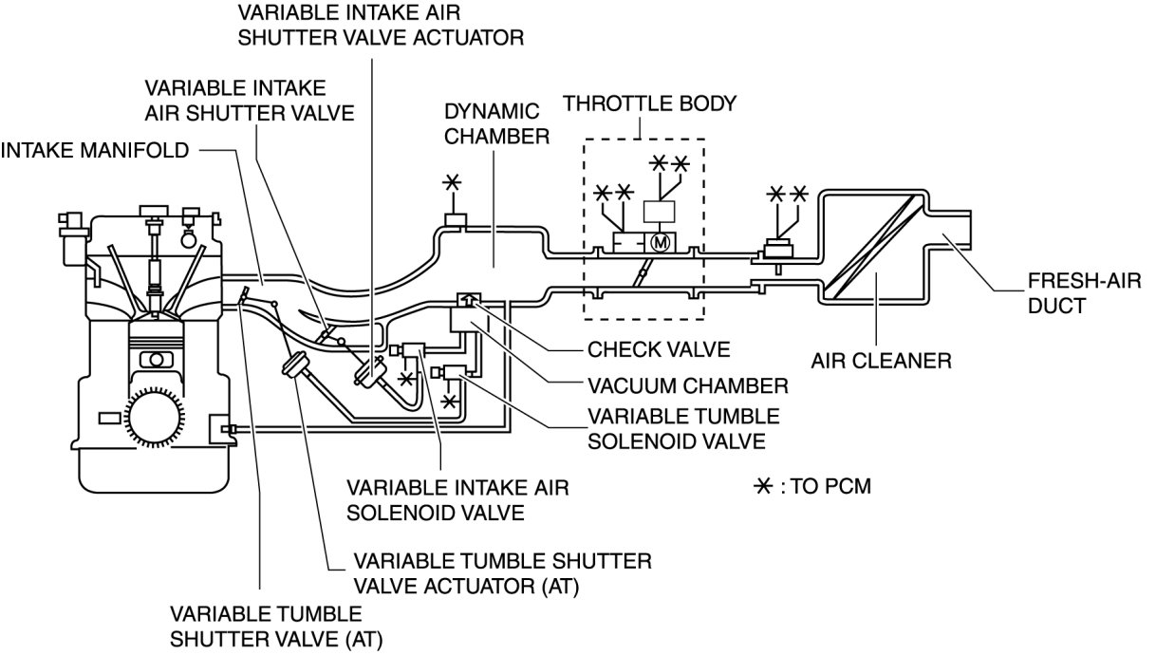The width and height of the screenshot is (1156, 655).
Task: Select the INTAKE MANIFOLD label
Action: pos(96,150)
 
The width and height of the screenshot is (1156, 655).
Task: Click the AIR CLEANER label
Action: pos(881,361)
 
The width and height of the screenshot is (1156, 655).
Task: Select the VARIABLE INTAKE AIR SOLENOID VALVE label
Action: pos(457,501)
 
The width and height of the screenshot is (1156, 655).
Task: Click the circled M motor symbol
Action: pos(662,242)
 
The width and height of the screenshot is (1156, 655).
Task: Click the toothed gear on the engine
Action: pos(150,417)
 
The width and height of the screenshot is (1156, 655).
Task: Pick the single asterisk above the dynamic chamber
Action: pos(453,182)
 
